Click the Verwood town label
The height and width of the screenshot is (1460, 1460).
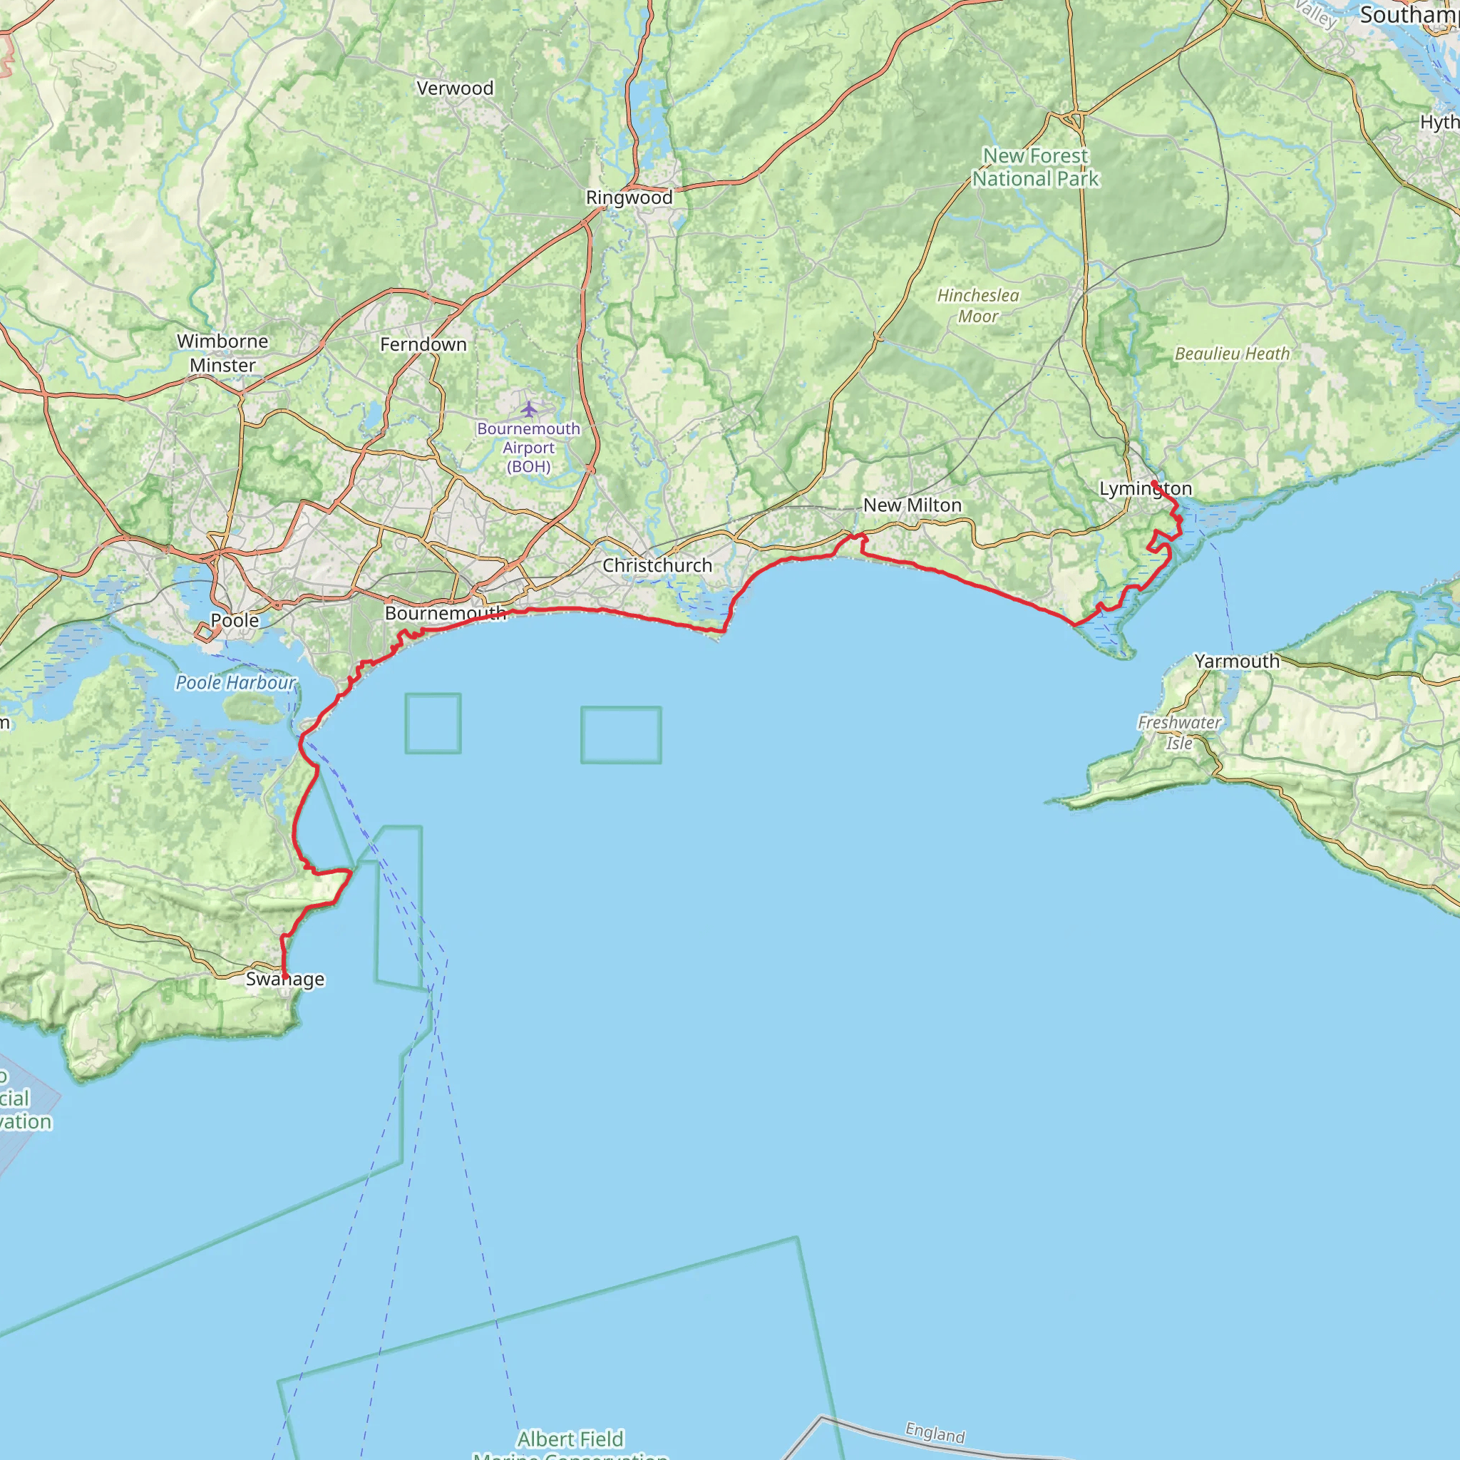pos(455,88)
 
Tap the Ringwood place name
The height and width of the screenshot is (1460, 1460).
pos(629,198)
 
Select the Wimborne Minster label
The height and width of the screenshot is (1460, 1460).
pos(222,353)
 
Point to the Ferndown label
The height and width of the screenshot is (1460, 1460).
pos(423,344)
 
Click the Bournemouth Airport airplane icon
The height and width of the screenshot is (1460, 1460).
pos(529,410)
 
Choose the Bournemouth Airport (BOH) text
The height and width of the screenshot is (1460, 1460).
pos(529,448)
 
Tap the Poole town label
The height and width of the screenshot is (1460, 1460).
pos(235,620)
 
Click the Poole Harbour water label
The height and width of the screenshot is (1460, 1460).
pos(236,683)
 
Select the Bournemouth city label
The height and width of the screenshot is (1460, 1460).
pos(445,614)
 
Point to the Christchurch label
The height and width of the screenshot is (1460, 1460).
pos(657,565)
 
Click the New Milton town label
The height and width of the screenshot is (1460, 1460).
pos(912,505)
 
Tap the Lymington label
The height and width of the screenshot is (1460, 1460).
pos(1145,489)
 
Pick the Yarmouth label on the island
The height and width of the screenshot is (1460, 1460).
pos(1237,662)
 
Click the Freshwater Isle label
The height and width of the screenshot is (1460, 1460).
pos(1179,733)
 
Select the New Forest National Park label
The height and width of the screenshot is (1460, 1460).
pos(1035,167)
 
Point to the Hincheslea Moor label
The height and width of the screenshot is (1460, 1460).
pos(978,306)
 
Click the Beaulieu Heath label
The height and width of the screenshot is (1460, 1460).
pos(1232,354)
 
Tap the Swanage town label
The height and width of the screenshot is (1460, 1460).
pos(285,980)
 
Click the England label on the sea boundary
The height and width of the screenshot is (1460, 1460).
pos(935,1433)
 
